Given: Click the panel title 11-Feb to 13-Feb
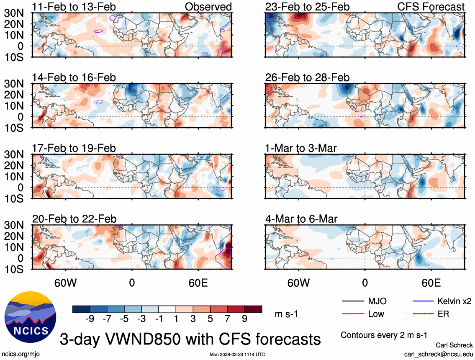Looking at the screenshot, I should (x=74, y=7).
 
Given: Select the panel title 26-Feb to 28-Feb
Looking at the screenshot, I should (x=307, y=78).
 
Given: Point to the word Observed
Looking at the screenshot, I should (x=208, y=7).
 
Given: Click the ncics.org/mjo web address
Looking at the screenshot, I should (x=20, y=354).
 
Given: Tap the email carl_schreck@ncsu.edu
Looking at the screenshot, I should (x=438, y=354).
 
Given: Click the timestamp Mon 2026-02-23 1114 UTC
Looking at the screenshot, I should (x=237, y=355).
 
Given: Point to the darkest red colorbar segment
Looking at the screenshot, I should (x=254, y=309).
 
